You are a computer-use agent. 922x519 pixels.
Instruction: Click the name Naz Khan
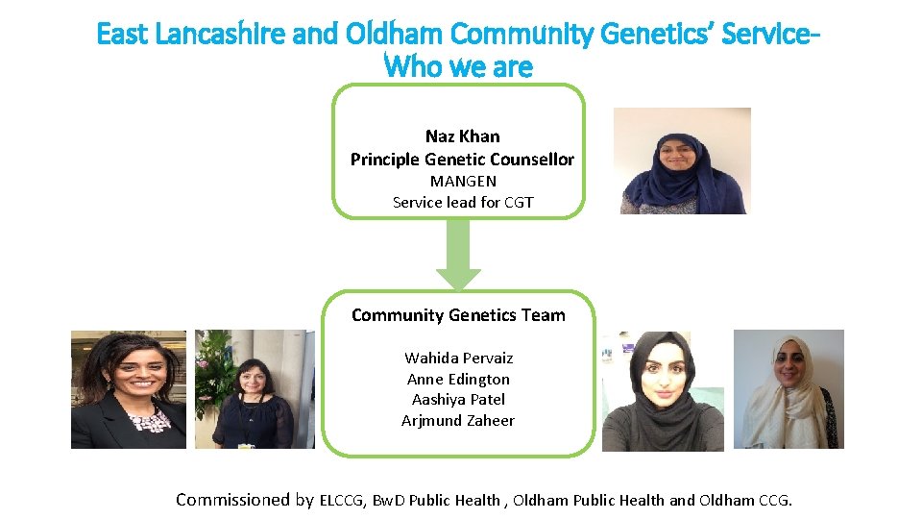point(462,136)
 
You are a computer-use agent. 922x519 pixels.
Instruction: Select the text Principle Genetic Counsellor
point(462,160)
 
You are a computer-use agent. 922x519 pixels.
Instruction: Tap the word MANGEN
point(462,181)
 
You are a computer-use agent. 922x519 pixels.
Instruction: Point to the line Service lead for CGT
point(462,202)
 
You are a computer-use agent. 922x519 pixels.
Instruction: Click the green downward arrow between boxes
point(459,256)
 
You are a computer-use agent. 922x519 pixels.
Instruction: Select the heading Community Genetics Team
point(458,315)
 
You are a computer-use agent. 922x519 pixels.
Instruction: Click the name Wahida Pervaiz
point(458,358)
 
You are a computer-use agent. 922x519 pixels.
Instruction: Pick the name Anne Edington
point(458,379)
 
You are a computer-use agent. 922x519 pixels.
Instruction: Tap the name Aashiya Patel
point(458,399)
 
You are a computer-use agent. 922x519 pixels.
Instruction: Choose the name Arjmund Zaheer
point(458,420)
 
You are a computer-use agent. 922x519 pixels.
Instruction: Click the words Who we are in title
point(458,67)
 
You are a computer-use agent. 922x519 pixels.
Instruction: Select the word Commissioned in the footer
point(233,499)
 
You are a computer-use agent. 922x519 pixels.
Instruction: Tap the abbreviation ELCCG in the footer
point(343,500)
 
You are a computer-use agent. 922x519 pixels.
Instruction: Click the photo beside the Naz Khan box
point(682,161)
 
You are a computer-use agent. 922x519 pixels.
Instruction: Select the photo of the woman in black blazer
point(129,389)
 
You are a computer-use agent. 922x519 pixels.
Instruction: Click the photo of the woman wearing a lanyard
point(254,389)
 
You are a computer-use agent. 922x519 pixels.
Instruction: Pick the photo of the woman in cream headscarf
point(788,389)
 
